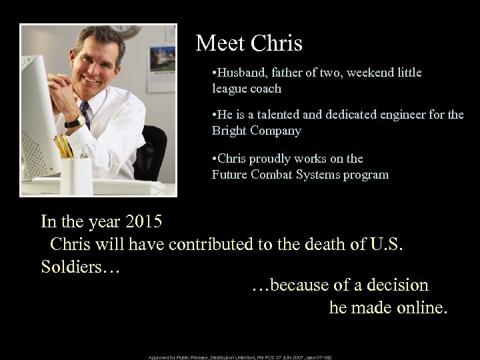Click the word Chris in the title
[277, 43]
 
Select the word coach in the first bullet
[265, 88]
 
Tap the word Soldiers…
[79, 267]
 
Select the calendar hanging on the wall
[161, 66]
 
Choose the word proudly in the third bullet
[277, 159]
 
